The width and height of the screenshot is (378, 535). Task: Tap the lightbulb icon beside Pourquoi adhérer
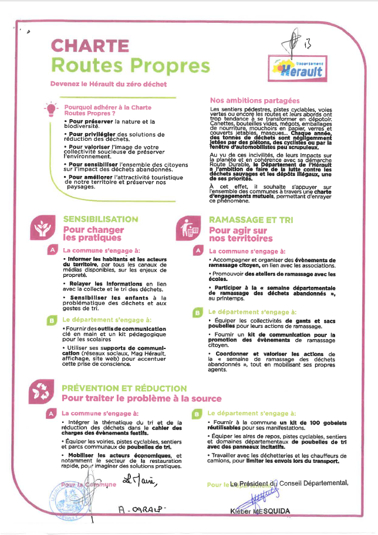coord(52,109)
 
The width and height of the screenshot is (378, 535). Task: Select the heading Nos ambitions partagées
coord(255,101)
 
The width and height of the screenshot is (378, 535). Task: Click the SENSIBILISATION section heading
coord(100,219)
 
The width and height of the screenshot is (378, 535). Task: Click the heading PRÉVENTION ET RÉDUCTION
coord(124,388)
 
